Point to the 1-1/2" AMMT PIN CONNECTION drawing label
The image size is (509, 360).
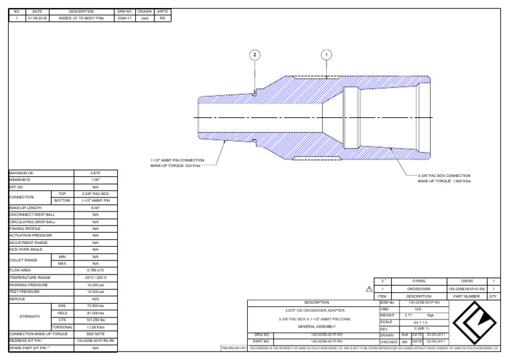click(178, 160)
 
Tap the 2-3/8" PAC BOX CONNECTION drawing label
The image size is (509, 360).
click(444, 176)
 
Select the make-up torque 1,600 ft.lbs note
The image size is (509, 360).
click(444, 181)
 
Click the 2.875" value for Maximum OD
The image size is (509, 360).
click(95, 172)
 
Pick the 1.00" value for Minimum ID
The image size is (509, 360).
click(95, 180)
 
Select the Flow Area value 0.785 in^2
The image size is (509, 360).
click(95, 270)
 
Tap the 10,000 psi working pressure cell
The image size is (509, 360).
click(95, 284)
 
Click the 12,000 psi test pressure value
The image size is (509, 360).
click(95, 292)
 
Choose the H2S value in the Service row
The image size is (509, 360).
click(95, 298)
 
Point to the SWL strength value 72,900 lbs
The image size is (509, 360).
click(95, 306)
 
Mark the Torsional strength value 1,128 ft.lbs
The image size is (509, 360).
click(95, 326)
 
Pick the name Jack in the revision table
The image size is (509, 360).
click(144, 18)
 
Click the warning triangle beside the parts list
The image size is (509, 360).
click(368, 289)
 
